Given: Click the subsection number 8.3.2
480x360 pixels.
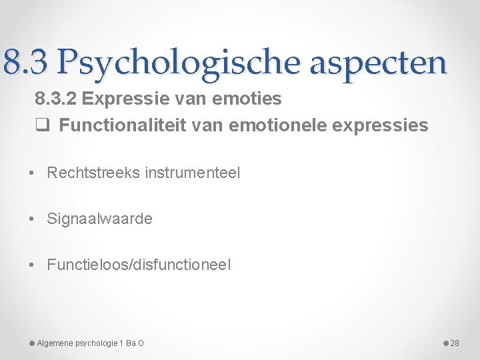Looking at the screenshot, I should (x=57, y=99).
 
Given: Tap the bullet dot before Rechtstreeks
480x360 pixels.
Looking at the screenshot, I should (x=32, y=173).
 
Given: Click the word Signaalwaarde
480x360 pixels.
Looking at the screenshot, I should (x=99, y=219).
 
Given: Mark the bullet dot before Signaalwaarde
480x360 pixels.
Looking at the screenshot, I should (x=32, y=219).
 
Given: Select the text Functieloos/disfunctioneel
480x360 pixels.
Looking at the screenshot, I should (x=139, y=265).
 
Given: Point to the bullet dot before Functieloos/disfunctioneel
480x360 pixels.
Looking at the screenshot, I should (x=32, y=265).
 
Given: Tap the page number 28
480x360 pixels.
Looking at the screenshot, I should (x=455, y=343).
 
